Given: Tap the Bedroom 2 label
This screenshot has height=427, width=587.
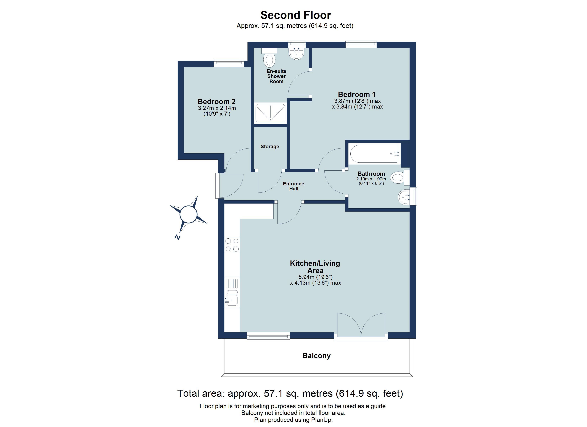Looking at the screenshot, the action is pos(217,102).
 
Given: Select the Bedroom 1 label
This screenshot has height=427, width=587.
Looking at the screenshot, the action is pos(357,94).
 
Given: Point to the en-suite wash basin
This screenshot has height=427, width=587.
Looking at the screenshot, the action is pos(297,53).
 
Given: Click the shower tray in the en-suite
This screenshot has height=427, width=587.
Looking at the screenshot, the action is pos(271,113).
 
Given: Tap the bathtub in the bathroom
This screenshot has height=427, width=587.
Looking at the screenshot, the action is pos(374,154).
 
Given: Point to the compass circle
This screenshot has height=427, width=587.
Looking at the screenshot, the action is pos(188,214).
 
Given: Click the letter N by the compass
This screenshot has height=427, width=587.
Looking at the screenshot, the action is pos(177,237).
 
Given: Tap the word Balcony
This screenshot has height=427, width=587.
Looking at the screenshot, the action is pos(316,356).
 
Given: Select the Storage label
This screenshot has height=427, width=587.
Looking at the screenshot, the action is pos(270,147).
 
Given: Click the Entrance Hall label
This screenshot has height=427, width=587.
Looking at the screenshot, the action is pos(293,186).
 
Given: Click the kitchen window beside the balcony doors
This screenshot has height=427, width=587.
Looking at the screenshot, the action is pos(268,336).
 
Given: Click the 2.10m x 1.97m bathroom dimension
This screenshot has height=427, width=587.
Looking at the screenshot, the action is pos(371,179).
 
